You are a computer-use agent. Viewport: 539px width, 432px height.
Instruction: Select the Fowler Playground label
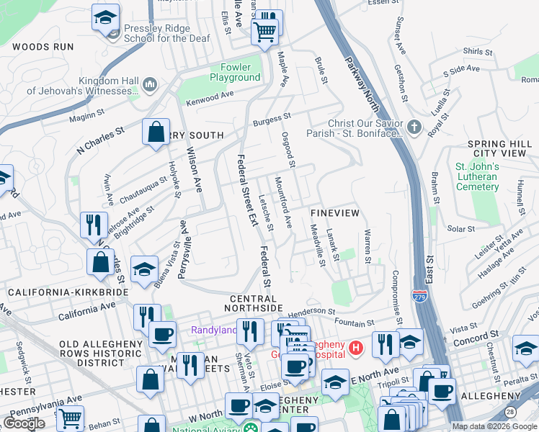[235, 73]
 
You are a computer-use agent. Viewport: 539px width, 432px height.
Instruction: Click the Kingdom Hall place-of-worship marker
[151, 85]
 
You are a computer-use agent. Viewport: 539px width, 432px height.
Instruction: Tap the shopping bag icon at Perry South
[156, 132]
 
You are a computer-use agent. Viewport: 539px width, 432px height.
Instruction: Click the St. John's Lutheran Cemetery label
[477, 176]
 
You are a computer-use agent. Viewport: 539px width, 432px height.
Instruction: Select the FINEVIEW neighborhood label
[334, 215]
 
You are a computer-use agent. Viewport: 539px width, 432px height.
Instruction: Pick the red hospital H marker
[355, 349]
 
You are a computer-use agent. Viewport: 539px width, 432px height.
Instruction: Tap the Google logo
[24, 423]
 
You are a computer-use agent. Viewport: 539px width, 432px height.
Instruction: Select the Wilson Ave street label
[194, 170]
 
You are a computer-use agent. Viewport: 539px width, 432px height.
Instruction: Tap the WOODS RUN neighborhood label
[43, 47]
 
